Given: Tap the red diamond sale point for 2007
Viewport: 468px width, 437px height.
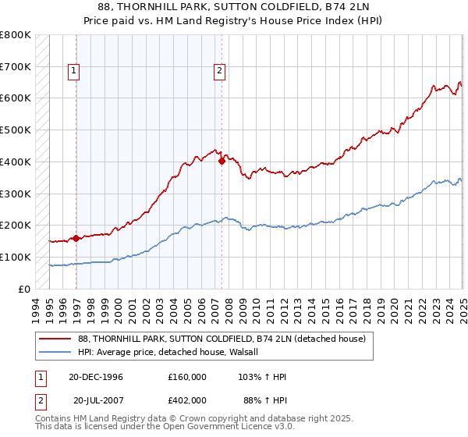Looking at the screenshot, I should (x=222, y=161).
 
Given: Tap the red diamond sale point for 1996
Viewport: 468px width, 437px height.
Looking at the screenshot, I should (x=76, y=238).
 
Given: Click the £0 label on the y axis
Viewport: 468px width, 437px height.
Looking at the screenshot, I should (x=25, y=289).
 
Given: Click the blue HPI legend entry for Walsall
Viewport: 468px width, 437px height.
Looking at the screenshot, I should (x=172, y=352).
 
